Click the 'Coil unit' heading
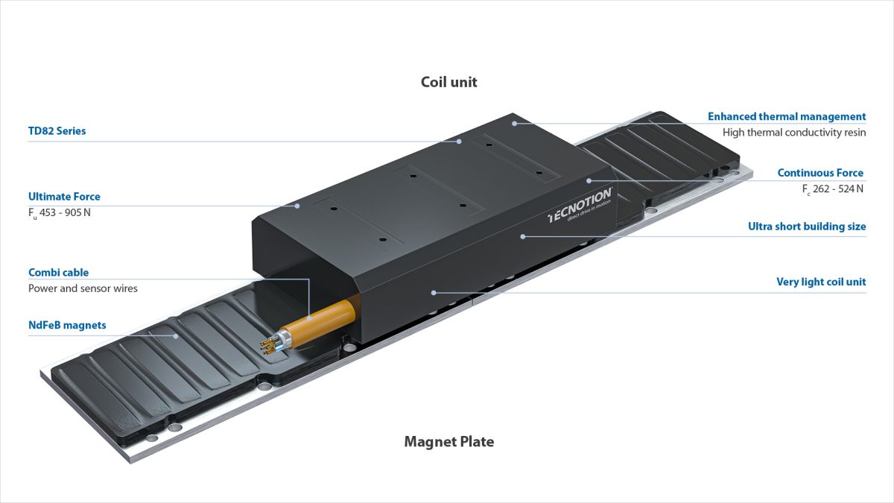pos(448,82)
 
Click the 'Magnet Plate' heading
pos(448,441)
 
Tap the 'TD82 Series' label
pos(57,131)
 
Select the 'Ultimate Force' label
pos(64,197)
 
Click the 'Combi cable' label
pos(58,273)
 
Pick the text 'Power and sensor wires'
pos(83,288)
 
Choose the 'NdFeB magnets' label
pos(67,325)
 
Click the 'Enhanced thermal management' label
pos(787,116)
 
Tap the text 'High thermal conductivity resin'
pos(794,133)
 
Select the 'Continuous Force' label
pos(820,173)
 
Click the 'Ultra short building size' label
pos(807,227)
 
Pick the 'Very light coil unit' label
pos(821,282)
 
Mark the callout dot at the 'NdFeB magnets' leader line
pos(176,335)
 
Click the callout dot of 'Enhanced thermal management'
pos(514,123)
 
